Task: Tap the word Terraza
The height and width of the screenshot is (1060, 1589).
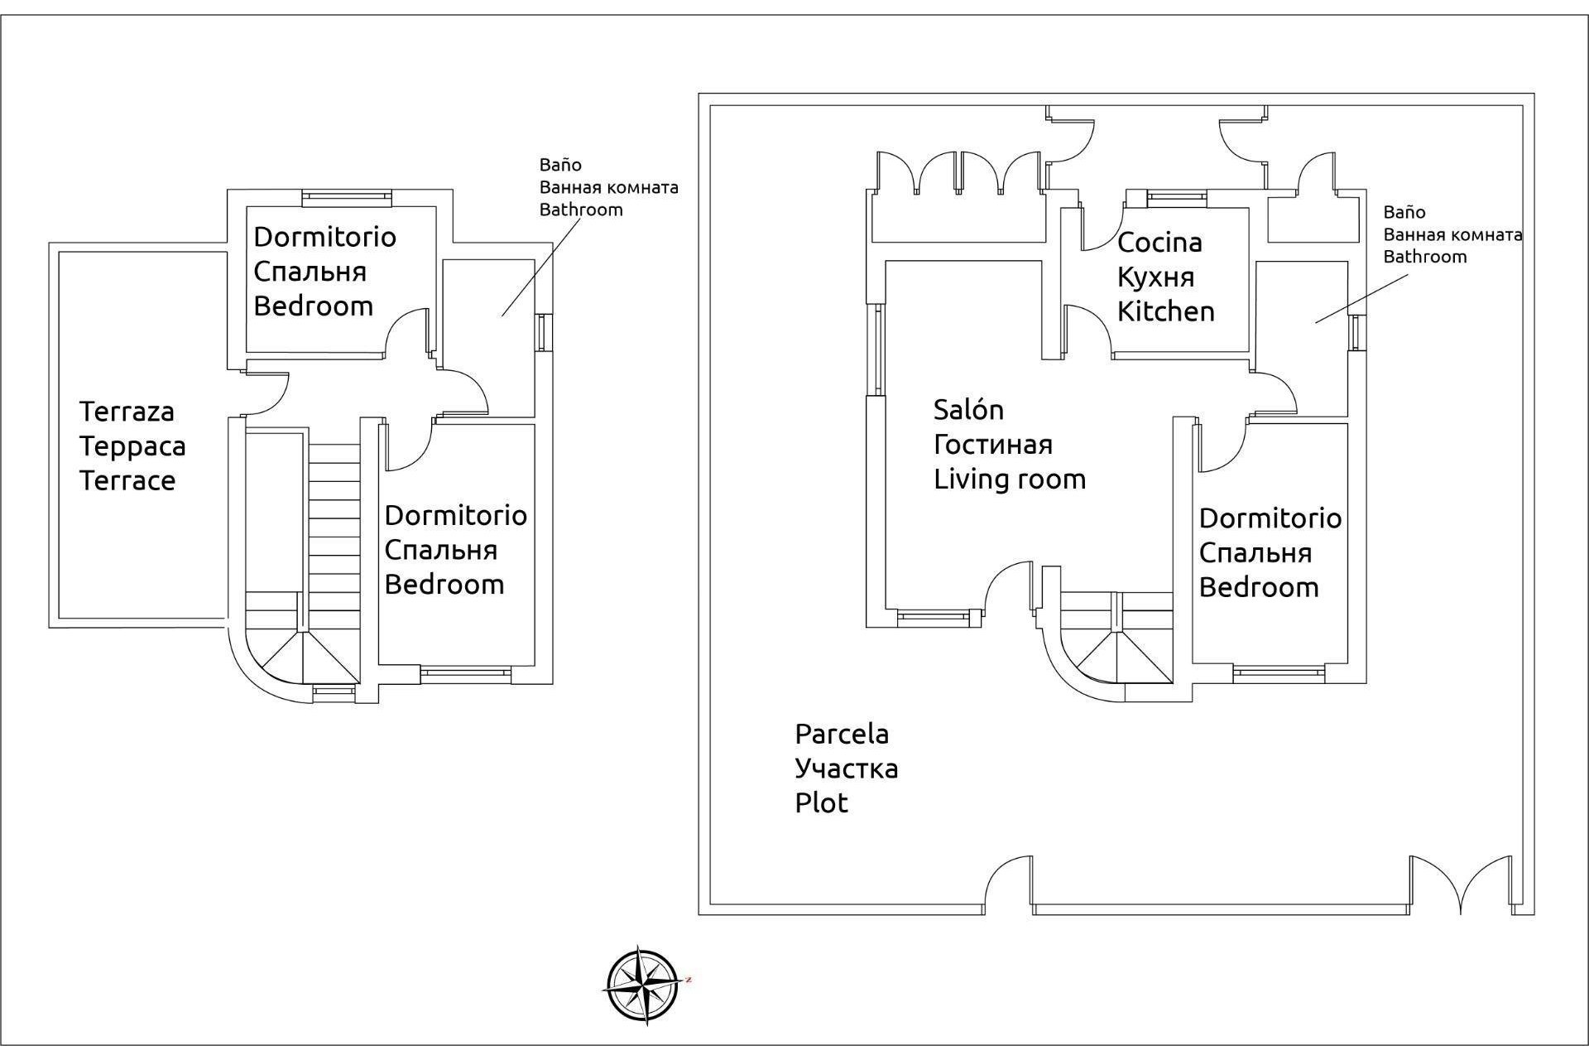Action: (x=127, y=412)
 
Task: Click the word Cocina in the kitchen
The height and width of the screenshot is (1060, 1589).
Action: (x=1159, y=243)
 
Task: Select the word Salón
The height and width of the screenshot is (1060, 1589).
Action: (x=968, y=410)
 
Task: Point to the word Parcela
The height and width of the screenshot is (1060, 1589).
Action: (x=842, y=734)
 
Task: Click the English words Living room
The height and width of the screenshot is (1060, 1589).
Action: (x=1010, y=479)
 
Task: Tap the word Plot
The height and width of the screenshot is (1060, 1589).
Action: (x=821, y=803)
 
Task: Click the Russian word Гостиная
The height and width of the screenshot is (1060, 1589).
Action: (x=993, y=445)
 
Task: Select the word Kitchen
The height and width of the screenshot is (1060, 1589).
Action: (x=1165, y=312)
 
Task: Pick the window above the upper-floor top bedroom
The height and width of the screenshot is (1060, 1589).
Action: (x=346, y=197)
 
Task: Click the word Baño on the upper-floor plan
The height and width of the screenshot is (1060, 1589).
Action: (x=560, y=165)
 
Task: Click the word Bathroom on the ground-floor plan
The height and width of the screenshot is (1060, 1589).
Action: (x=1424, y=257)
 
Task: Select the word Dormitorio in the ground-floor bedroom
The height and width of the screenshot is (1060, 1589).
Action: (x=1270, y=518)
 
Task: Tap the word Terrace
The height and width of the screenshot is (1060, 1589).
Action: (x=127, y=481)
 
